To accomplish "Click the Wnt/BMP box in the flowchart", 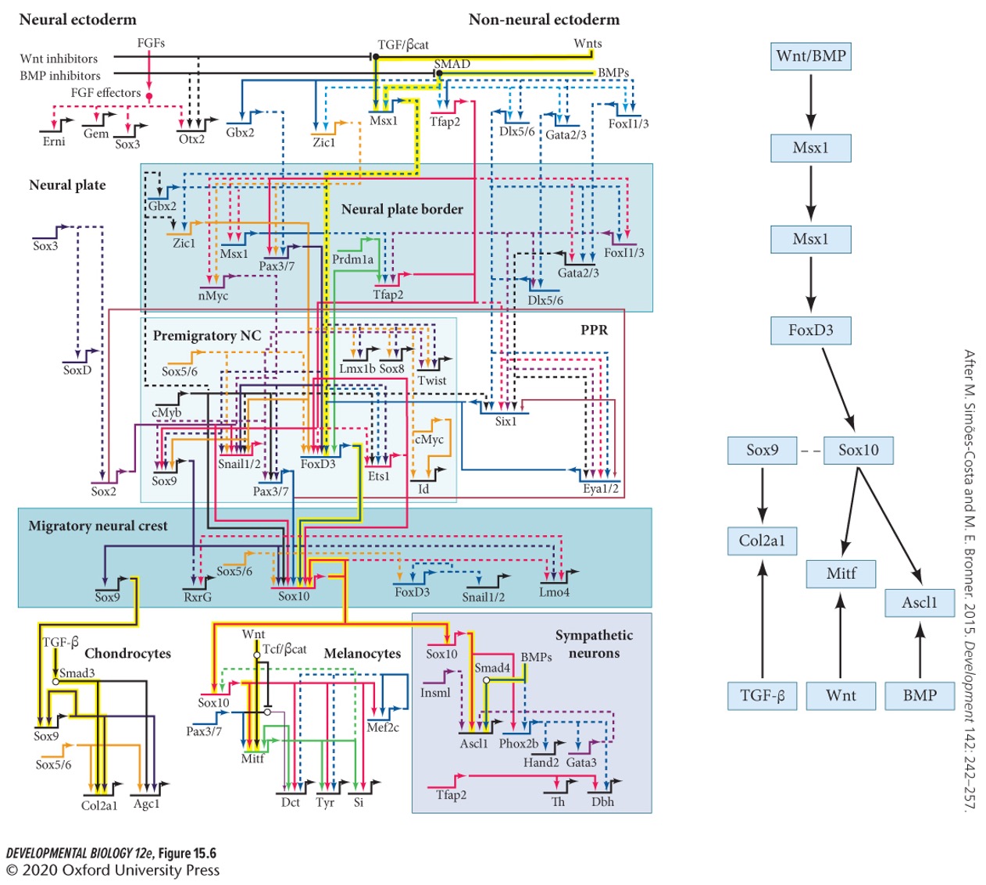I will tap(810, 56).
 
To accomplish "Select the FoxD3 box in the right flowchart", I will tap(810, 330).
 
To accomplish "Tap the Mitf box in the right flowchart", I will tap(841, 573).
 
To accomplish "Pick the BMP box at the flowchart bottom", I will tap(919, 695).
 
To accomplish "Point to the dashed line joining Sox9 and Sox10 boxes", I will tap(811, 451).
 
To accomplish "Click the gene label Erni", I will tap(54, 141).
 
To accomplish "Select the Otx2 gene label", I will tap(191, 139).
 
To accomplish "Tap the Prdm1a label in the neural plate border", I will tap(353, 259).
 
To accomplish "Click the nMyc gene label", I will tap(213, 296).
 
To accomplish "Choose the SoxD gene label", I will tap(77, 370).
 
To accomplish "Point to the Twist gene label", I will tap(432, 380).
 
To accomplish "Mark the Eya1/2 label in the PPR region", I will tap(600, 489).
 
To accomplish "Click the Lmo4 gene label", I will tap(554, 592).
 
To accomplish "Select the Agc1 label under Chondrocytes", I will tap(146, 803).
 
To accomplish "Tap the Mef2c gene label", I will tap(383, 727).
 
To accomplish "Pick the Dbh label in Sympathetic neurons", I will tap(602, 801).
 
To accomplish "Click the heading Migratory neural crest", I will tap(98, 526).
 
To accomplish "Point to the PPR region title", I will tap(594, 330).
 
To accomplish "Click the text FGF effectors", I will tap(105, 93).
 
